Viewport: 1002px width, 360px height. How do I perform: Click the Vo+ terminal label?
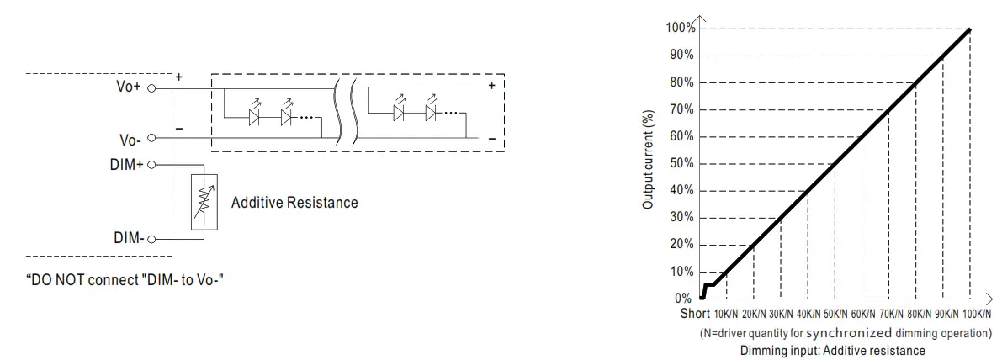click(130, 86)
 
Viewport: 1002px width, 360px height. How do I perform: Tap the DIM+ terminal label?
click(128, 166)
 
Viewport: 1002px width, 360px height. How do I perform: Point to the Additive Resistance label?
click(294, 203)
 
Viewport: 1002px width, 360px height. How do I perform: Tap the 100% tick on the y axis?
click(681, 29)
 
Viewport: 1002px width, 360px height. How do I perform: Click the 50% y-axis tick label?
click(682, 164)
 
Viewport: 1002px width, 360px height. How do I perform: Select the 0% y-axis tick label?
click(685, 299)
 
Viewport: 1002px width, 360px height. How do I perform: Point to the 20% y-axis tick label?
click(682, 245)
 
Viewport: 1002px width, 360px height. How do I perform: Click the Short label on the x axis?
click(696, 315)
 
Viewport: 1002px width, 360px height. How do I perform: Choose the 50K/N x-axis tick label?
click(835, 315)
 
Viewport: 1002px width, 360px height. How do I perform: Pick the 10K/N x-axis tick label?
click(726, 315)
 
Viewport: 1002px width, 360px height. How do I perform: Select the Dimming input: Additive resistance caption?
click(833, 350)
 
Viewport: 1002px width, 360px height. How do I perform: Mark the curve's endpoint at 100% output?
click(970, 29)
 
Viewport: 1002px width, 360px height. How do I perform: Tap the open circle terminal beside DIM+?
click(152, 166)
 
